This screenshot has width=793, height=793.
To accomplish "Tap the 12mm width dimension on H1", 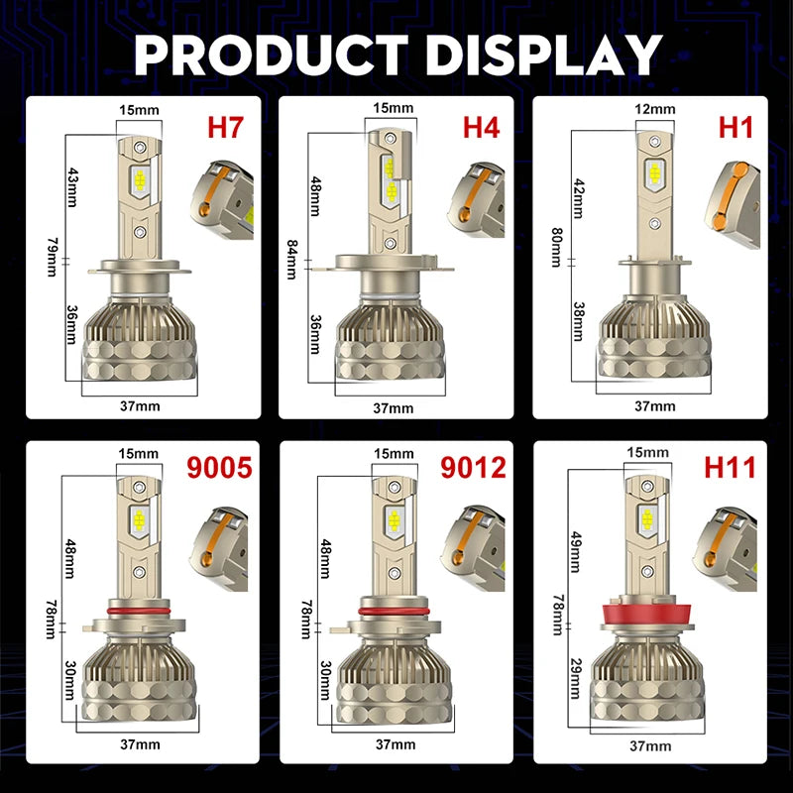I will click(655, 108).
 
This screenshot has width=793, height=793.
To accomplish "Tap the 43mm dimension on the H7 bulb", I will click(71, 187).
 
